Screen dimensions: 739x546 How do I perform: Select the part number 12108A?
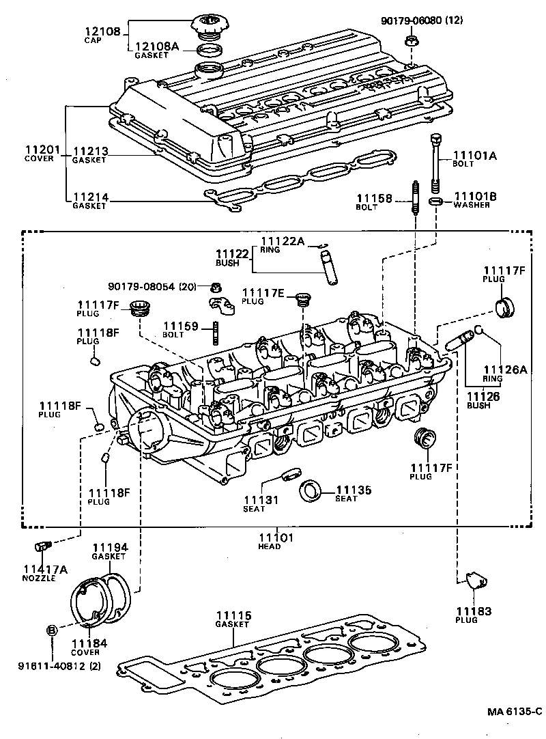coord(156,46)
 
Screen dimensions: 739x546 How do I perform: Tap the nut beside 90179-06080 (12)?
coord(412,40)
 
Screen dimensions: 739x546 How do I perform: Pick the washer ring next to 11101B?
coord(435,201)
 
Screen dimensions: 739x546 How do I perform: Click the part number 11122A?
coord(282,241)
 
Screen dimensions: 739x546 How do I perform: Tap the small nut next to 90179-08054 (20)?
coord(216,285)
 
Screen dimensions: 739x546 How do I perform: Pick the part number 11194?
coord(109,547)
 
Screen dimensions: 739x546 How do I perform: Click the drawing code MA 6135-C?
coord(513,712)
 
